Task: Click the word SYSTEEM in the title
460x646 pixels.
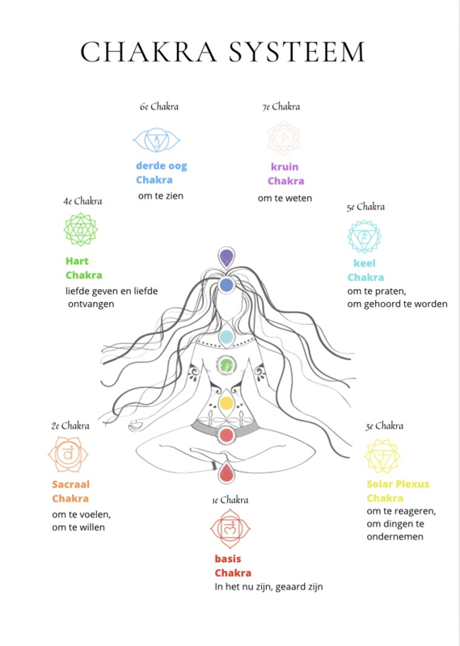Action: pos(297,52)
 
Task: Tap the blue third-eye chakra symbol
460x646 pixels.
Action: pos(157,140)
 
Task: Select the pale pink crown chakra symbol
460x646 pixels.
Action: pos(284,138)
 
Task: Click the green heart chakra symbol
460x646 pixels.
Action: pos(81,229)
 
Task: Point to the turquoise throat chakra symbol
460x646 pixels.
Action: pos(364,237)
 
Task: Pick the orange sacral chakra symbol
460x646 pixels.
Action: pos(68,455)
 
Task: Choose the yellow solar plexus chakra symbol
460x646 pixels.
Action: pos(382,456)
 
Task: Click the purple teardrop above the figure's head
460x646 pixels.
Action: pos(226,258)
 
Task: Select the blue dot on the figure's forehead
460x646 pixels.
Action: pos(226,285)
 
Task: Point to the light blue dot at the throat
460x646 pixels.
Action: pos(226,337)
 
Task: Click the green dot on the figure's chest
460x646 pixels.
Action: pos(226,365)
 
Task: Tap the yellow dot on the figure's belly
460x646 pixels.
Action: pos(226,403)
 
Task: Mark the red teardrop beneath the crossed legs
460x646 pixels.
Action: pos(226,472)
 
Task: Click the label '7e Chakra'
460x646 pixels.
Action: pos(281,107)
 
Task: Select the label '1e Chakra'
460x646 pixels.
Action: pos(230,500)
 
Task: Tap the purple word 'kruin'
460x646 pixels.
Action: pos(285,167)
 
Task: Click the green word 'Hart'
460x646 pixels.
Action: pos(77,261)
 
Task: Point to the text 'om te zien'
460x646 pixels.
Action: pos(161,195)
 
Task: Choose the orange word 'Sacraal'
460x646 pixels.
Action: pos(70,484)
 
